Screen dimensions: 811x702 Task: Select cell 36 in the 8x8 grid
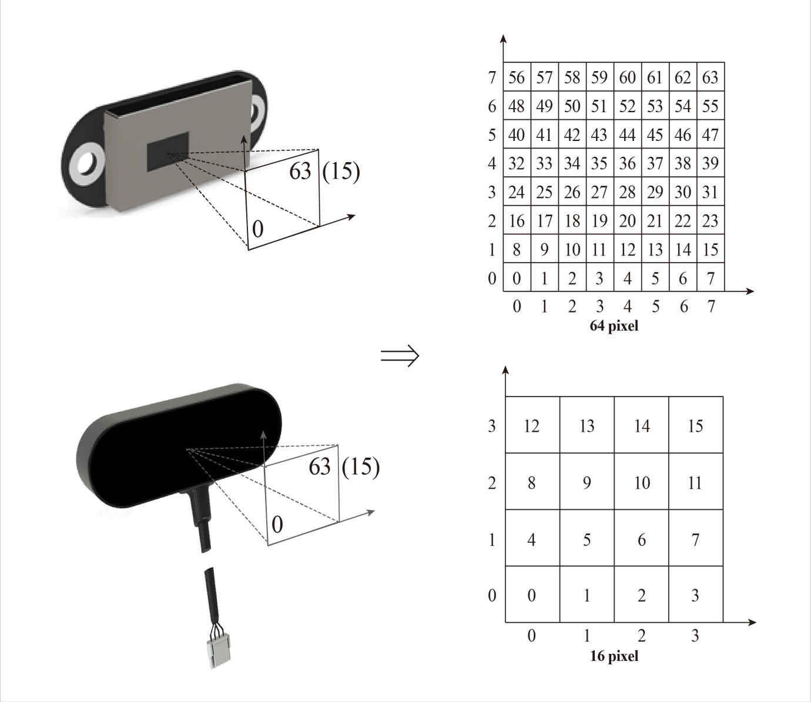point(628,163)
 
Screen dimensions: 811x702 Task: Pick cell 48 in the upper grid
point(517,106)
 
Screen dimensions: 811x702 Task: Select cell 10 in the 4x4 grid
point(642,482)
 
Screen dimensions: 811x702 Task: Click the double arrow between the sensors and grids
point(400,356)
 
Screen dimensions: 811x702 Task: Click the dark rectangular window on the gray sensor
point(168,152)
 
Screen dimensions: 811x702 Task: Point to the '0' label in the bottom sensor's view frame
point(277,525)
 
